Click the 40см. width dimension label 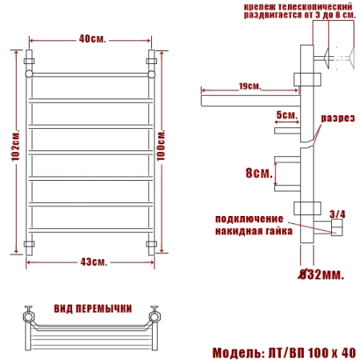(x=91, y=38)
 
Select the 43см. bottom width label (x=94, y=262)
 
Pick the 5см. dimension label (x=286, y=115)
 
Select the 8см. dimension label (x=258, y=173)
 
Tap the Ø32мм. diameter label (x=322, y=275)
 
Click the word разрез (x=338, y=118)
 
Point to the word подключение (x=250, y=218)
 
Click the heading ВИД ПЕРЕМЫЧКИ (x=93, y=308)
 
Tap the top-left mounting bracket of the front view (x=30, y=60)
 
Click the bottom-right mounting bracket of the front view (x=151, y=243)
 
